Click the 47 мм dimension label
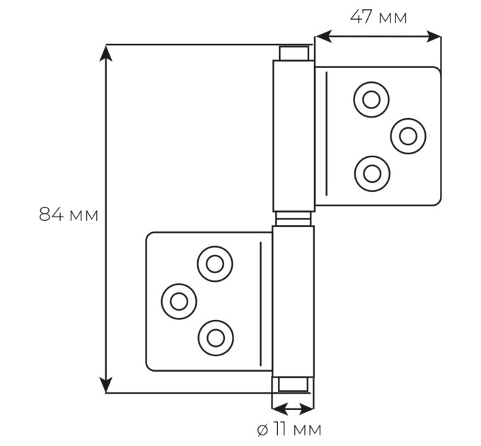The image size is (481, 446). (x=378, y=17)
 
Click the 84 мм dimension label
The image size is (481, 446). (x=69, y=215)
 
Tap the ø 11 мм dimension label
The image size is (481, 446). (x=289, y=429)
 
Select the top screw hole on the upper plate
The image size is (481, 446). (x=371, y=99)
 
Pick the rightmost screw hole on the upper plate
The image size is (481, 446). (x=408, y=136)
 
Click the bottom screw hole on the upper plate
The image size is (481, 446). (x=372, y=173)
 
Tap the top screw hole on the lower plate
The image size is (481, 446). (x=215, y=263)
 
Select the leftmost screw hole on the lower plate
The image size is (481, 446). (x=179, y=301)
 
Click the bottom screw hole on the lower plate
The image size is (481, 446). (x=216, y=338)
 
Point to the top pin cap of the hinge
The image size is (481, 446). (x=294, y=53)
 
